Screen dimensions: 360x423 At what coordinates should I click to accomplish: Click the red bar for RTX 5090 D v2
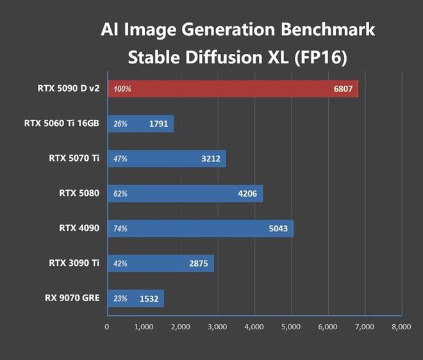point(233,89)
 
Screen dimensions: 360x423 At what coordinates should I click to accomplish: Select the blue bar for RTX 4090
point(200,228)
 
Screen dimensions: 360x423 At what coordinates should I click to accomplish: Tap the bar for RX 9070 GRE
point(135,298)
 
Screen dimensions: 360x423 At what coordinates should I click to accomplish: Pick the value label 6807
point(343,89)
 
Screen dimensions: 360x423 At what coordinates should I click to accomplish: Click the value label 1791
point(158,124)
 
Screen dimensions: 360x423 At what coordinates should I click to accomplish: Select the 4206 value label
point(247,193)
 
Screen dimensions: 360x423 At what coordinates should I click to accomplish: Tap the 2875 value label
point(198,263)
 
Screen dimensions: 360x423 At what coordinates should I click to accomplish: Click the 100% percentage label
point(122,89)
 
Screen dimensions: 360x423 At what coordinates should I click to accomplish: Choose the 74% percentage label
point(120,228)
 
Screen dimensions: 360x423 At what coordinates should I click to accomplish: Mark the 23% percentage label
point(120,298)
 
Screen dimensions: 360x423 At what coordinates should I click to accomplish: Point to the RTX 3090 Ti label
point(74,263)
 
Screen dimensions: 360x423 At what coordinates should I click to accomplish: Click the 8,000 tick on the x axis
point(401,327)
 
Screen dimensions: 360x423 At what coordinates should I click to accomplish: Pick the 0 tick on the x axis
point(107,327)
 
